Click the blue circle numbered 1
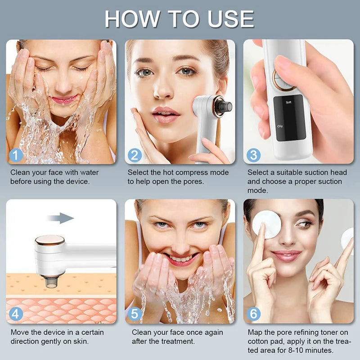16,155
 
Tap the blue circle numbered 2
135,155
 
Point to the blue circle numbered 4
16,314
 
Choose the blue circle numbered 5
135,314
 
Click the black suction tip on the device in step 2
224,107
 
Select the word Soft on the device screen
289,102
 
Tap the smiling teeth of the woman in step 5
180,259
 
